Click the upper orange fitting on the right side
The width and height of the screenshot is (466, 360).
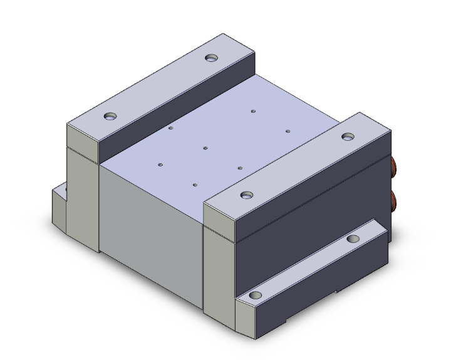click(x=395, y=167)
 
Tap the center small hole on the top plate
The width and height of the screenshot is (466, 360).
click(x=205, y=148)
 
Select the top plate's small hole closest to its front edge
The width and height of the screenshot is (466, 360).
click(x=195, y=185)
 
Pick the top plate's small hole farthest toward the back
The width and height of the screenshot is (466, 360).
click(x=253, y=111)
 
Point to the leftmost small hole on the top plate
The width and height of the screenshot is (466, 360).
click(x=160, y=165)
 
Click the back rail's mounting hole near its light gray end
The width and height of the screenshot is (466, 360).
click(x=111, y=116)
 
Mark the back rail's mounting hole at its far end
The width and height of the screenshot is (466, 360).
click(x=211, y=58)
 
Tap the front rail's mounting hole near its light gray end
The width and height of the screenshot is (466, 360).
click(x=247, y=194)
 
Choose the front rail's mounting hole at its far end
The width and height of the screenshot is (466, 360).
click(x=346, y=136)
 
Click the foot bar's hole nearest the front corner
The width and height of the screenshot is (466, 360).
click(x=256, y=295)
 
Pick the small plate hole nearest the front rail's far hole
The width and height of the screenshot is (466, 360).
click(x=287, y=131)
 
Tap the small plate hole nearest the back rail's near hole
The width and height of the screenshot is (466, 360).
click(x=170, y=128)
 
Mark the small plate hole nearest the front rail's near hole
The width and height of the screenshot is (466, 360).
click(x=241, y=168)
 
